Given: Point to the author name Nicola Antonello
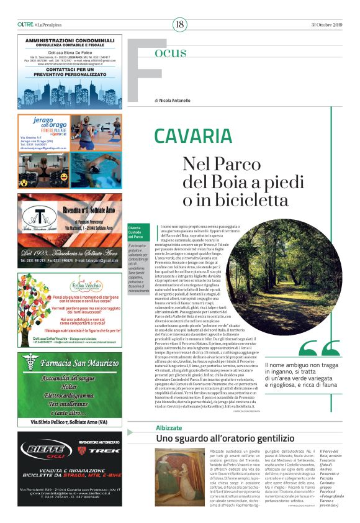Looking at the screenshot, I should (176, 100).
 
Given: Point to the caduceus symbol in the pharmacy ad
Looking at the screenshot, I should (29, 361).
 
